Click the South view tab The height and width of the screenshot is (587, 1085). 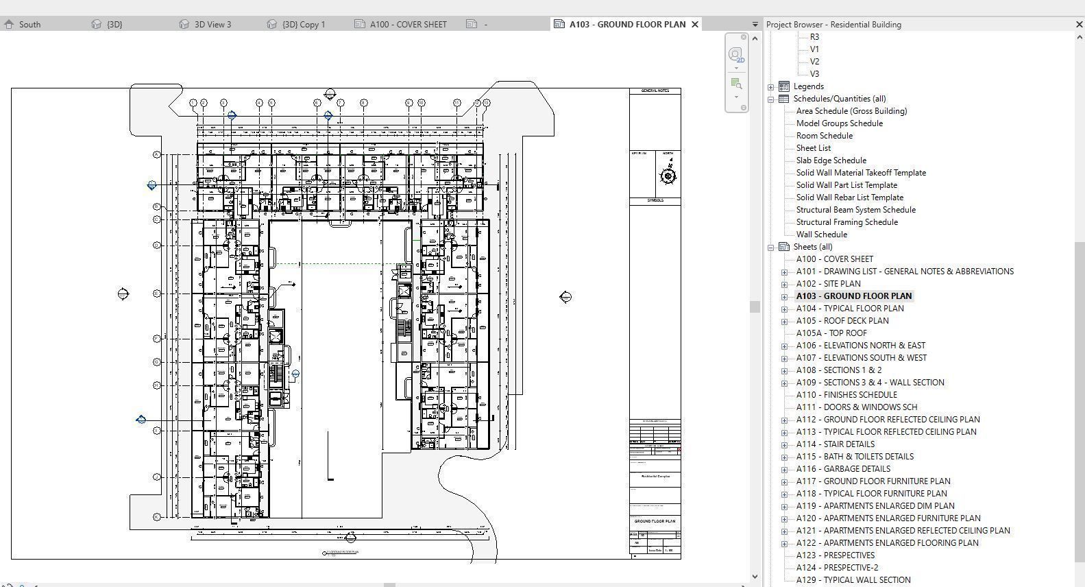[29, 24]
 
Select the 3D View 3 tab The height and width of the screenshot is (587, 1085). [212, 24]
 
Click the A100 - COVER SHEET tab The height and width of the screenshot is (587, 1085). [407, 24]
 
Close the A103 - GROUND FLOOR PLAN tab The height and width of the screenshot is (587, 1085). [695, 24]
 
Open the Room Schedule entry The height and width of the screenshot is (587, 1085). [824, 136]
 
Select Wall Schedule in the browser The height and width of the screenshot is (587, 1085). [821, 235]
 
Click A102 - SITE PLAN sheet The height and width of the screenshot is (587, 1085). [828, 284]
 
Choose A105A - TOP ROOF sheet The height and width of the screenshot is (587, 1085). [831, 333]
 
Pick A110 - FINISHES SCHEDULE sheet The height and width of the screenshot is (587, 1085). [846, 395]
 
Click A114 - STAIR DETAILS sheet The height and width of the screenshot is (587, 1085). [835, 444]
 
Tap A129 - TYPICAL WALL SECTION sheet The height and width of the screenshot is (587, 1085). [853, 580]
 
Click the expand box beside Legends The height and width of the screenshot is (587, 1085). [771, 87]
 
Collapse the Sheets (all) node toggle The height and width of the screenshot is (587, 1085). [771, 248]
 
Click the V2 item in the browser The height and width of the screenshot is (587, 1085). [814, 62]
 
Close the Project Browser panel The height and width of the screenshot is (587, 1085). [1079, 24]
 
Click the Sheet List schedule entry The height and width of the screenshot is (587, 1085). [813, 148]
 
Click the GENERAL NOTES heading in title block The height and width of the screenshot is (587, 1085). [655, 91]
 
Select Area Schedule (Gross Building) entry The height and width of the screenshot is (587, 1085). [851, 111]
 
